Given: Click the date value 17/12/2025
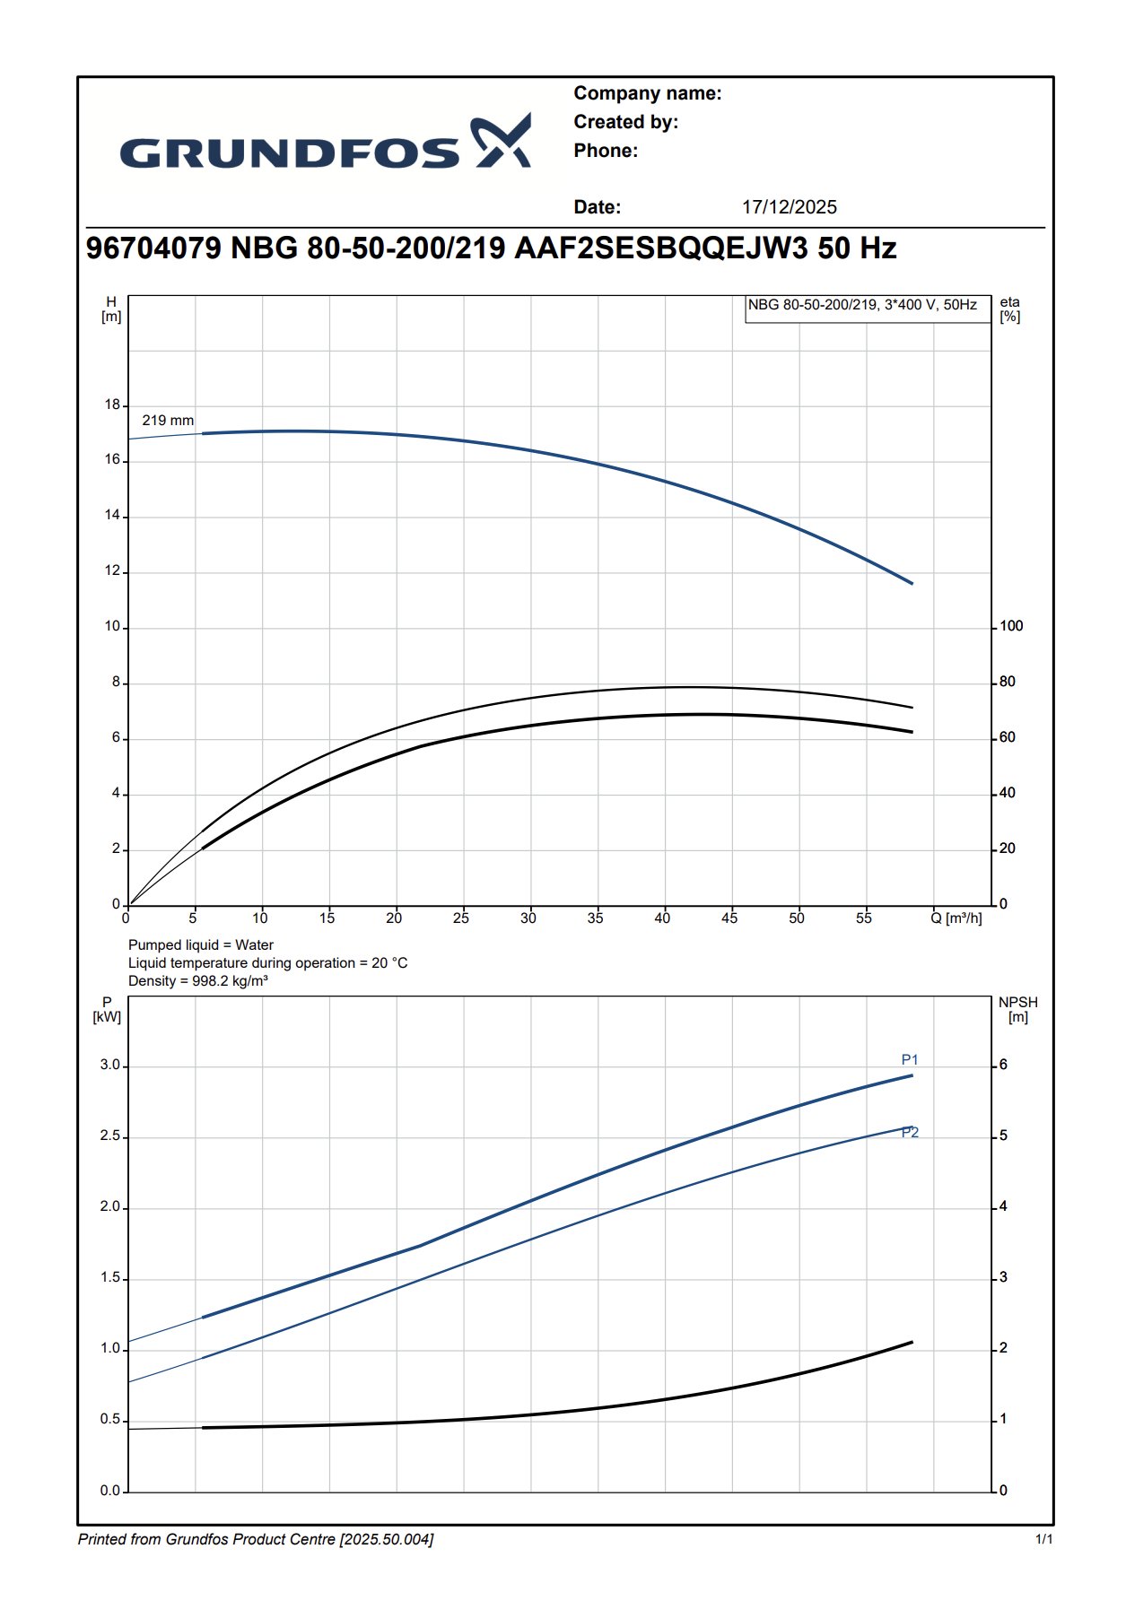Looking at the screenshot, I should [789, 207].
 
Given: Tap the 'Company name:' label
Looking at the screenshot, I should [647, 93].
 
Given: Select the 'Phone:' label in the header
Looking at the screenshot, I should [606, 151].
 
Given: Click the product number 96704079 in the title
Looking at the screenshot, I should [153, 248].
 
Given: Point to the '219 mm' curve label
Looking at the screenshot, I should [168, 421].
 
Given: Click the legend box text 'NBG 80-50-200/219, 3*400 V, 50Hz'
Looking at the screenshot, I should [862, 305].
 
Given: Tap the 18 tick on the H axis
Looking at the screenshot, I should [112, 405].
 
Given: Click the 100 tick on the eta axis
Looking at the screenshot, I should [1011, 626].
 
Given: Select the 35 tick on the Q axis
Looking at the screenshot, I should [596, 918].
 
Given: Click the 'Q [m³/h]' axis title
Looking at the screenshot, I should [956, 918].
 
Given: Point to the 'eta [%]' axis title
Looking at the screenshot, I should [1010, 309].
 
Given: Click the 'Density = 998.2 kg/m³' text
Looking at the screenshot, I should [198, 981].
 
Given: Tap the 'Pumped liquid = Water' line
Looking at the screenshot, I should [201, 945].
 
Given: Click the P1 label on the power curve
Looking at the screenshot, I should [910, 1060].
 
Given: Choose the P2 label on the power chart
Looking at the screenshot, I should [910, 1133].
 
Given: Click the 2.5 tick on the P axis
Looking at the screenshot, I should [110, 1136].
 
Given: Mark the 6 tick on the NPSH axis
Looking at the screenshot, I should [1003, 1065].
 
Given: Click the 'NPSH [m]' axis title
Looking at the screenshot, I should [1017, 1010].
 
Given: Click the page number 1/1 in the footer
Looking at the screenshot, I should [1044, 1539].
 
